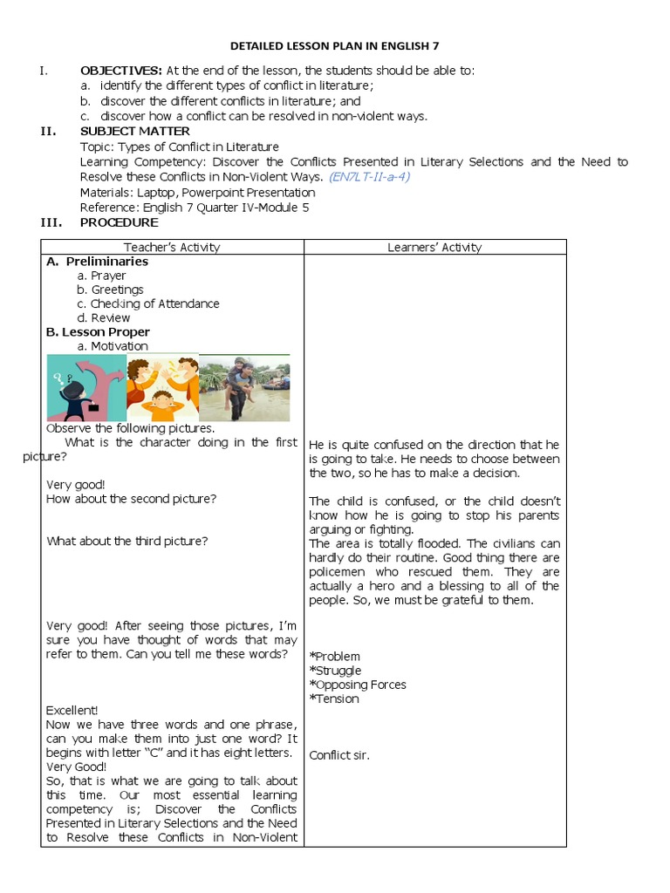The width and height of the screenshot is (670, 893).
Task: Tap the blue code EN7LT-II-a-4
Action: (x=369, y=177)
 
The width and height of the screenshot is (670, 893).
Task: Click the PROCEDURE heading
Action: (x=120, y=222)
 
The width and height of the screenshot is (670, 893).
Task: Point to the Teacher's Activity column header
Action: (x=172, y=248)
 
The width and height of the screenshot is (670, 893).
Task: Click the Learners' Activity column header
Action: (x=434, y=248)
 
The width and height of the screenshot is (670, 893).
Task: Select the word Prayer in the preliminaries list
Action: (x=108, y=276)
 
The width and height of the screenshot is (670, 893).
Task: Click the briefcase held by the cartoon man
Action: (x=92, y=406)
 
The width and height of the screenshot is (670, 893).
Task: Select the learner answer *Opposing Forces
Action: (x=358, y=685)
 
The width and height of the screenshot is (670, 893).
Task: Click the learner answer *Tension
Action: (x=334, y=699)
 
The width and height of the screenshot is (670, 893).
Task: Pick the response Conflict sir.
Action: (x=339, y=755)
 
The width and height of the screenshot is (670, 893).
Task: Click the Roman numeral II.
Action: (x=49, y=132)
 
